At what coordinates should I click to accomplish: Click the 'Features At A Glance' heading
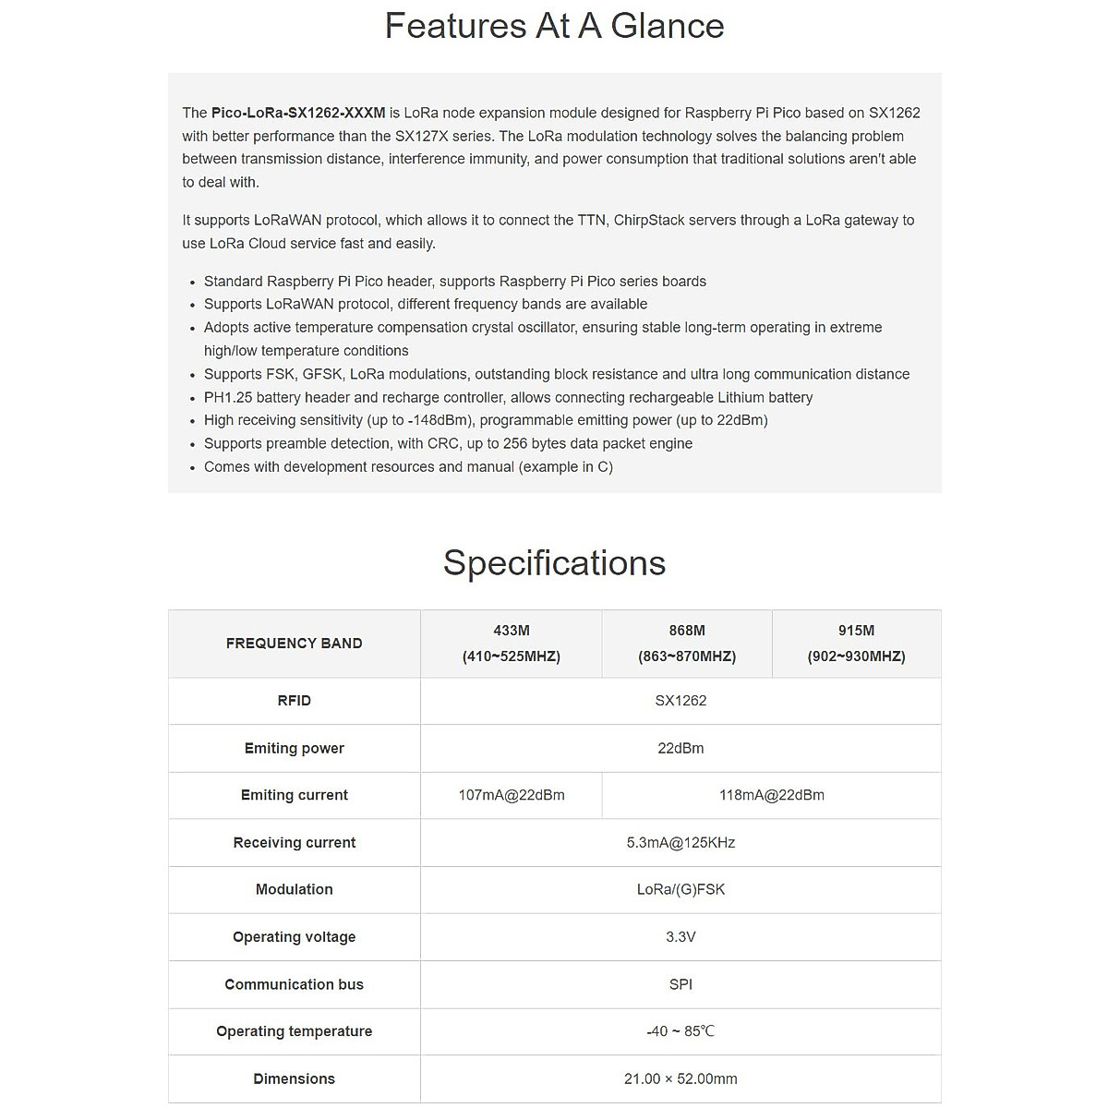pyautogui.click(x=554, y=26)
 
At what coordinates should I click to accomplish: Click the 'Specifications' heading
pyautogui.click(x=554, y=562)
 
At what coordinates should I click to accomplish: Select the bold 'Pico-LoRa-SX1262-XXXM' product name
pyautogui.click(x=298, y=113)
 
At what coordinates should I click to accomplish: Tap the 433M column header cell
pyautogui.click(x=511, y=644)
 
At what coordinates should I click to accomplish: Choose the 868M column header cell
pyautogui.click(x=686, y=644)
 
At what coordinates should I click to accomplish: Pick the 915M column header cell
pyautogui.click(x=856, y=644)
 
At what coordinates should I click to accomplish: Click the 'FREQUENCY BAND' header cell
pyautogui.click(x=294, y=644)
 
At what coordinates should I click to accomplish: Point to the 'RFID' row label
pyautogui.click(x=294, y=701)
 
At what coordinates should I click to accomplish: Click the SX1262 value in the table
pyautogui.click(x=680, y=701)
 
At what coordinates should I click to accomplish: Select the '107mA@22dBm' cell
pyautogui.click(x=511, y=795)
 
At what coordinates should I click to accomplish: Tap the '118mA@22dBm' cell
pyautogui.click(x=771, y=795)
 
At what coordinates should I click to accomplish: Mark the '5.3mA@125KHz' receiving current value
pyautogui.click(x=680, y=842)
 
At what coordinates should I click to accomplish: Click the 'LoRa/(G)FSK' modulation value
pyautogui.click(x=680, y=889)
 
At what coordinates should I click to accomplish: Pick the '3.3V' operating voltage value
pyautogui.click(x=680, y=936)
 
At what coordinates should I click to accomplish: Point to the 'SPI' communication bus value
pyautogui.click(x=680, y=984)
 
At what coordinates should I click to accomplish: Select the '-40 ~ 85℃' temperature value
pyautogui.click(x=680, y=1031)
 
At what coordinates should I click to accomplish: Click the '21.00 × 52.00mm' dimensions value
pyautogui.click(x=680, y=1078)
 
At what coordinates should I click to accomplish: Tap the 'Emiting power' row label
pyautogui.click(x=294, y=748)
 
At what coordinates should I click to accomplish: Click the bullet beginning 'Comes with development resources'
pyautogui.click(x=408, y=467)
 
